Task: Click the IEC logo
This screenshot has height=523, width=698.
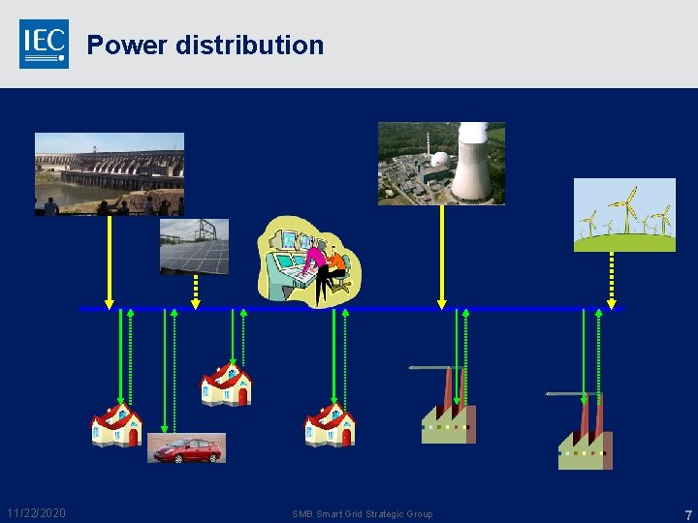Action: click(x=44, y=44)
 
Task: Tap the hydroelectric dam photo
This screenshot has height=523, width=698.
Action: click(x=109, y=173)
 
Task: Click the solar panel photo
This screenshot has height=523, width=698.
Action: click(x=194, y=246)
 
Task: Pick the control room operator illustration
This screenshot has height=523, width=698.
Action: click(x=308, y=260)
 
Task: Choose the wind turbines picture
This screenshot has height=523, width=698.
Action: click(x=624, y=215)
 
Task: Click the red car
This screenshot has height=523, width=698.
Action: click(x=186, y=449)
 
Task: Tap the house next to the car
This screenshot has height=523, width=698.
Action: click(x=116, y=425)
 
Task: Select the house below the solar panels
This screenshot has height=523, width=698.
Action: click(x=226, y=385)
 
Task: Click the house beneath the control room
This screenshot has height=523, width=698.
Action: click(x=330, y=425)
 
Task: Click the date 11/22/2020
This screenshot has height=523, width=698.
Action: click(x=36, y=513)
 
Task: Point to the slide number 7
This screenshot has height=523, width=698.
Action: click(x=687, y=514)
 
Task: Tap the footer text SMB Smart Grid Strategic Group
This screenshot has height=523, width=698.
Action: click(x=363, y=514)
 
